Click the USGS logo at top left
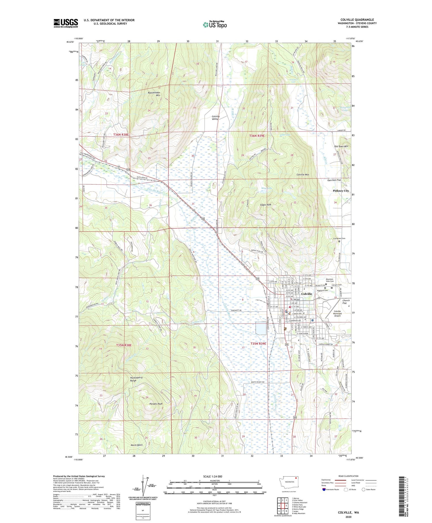[x=66, y=23]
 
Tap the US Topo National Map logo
[x=215, y=25]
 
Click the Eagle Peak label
[x=266, y=205]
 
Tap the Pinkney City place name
[x=341, y=191]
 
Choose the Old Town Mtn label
[x=341, y=146]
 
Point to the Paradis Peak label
[x=156, y=404]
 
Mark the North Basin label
[x=137, y=445]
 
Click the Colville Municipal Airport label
[x=337, y=313]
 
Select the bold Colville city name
[x=306, y=294]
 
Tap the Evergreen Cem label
[x=339, y=238]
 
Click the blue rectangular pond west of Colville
[x=261, y=329]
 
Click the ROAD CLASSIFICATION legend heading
[x=348, y=476]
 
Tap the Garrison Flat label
[x=334, y=180]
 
